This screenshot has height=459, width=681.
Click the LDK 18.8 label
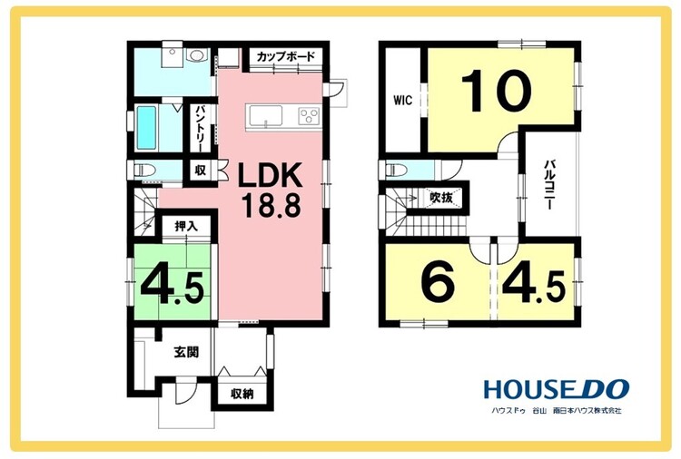click(271, 190)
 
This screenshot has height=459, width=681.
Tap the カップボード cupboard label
click(285, 56)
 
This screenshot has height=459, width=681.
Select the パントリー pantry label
click(201, 129)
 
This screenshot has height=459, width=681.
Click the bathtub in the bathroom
click(146, 128)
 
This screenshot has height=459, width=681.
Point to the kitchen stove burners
click(310, 117)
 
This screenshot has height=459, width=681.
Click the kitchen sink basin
click(266, 116)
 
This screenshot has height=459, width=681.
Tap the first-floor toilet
click(143, 170)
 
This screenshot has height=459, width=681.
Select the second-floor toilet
click(396, 170)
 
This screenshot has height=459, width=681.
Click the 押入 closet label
click(186, 226)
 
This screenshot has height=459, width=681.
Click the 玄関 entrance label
click(187, 352)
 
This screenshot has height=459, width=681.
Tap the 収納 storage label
click(242, 395)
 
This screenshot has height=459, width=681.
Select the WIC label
click(402, 101)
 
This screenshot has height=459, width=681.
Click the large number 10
click(496, 90)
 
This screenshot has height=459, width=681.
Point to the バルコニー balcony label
click(549, 185)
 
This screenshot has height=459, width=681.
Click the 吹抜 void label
click(440, 198)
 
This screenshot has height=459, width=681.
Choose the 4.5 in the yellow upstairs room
click(534, 286)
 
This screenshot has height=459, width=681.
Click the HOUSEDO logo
click(557, 389)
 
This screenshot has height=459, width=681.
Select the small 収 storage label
click(201, 170)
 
